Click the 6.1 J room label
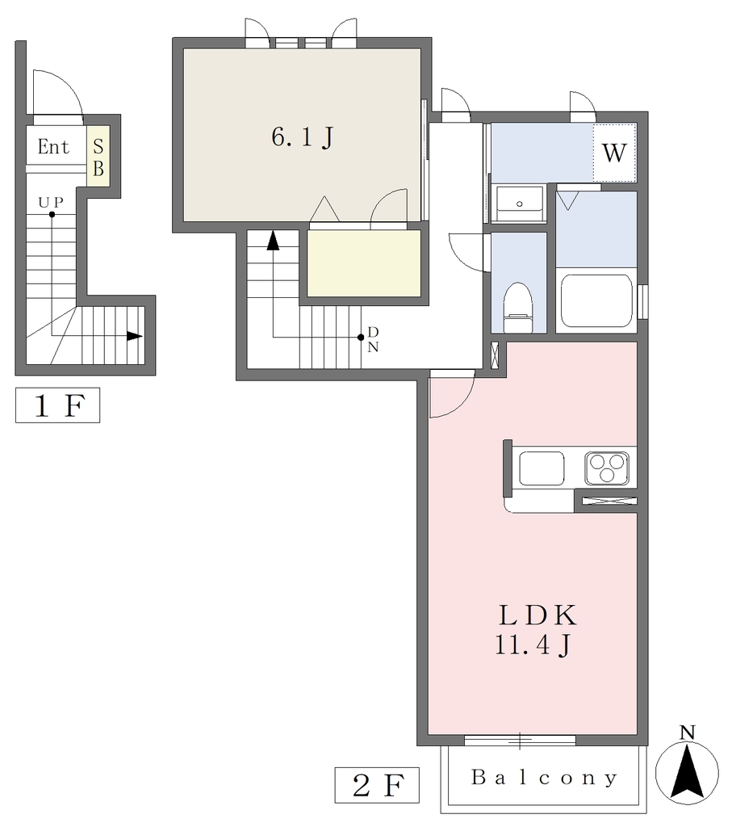point(303,137)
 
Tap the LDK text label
point(538,615)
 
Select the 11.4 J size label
point(533,644)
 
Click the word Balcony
point(544,778)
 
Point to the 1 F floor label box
point(57,405)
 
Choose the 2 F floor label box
point(377,785)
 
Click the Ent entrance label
point(53,147)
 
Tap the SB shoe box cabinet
point(98,156)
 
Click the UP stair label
point(51,202)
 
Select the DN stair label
point(373,339)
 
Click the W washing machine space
point(614,153)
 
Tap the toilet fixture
point(518,308)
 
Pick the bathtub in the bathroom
point(596,300)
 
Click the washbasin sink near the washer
point(520,203)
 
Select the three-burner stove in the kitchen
point(607,468)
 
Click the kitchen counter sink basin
point(542,468)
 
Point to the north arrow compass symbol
point(687,772)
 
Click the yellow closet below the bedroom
point(364,263)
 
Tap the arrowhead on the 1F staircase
point(135,336)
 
